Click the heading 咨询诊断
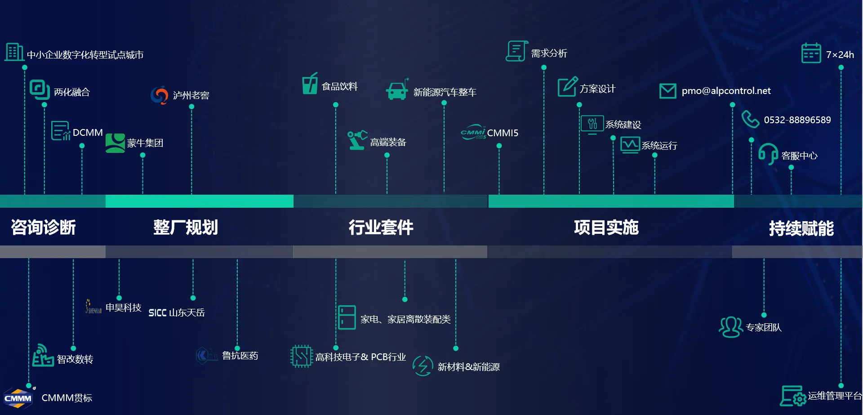[43, 228]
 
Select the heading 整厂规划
[185, 228]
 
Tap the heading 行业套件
[381, 228]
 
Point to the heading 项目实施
[606, 228]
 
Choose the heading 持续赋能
[801, 228]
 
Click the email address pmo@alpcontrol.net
[726, 91]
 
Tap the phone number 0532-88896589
[797, 120]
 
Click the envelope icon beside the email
[667, 91]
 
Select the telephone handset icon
[750, 119]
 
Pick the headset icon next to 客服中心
[768, 154]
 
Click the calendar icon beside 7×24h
[811, 54]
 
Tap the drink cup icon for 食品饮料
[310, 84]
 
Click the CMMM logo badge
[18, 398]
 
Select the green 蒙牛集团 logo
[115, 143]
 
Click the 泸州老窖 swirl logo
[159, 95]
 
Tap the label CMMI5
[503, 133]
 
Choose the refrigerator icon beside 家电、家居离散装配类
[347, 317]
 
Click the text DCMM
[88, 133]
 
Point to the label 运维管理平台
[834, 396]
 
